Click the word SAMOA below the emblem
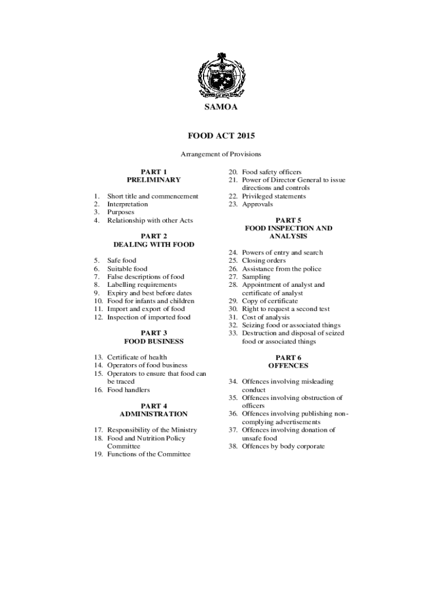tap(221, 107)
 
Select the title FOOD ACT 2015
tap(221, 136)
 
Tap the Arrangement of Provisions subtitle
tap(221, 154)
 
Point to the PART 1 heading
tap(154, 171)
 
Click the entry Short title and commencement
tap(152, 196)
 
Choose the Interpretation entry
tap(127, 204)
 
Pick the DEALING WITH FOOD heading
tap(154, 244)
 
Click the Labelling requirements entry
tap(142, 285)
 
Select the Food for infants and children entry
tap(150, 301)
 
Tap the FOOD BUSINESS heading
tap(154, 341)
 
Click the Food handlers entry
tap(129, 390)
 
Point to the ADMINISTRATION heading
tap(154, 414)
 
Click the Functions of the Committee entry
tap(149, 454)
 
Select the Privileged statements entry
tap(274, 196)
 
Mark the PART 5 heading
tap(288, 220)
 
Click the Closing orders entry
tap(264, 260)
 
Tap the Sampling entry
tap(256, 276)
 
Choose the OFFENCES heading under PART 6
tap(288, 365)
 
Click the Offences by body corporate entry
tap(283, 446)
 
